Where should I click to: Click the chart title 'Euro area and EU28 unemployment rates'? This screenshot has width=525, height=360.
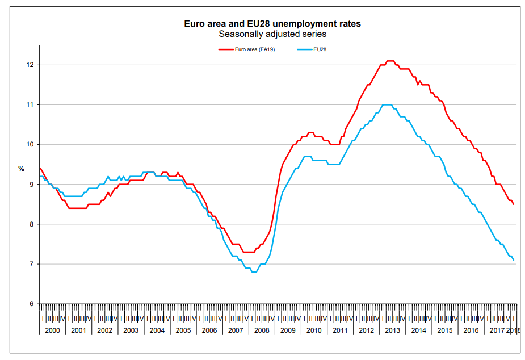272,24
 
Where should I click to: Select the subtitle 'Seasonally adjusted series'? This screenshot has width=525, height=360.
272,34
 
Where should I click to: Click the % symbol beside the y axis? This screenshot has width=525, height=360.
22,169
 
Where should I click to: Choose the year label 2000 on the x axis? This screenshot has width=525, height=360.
52,330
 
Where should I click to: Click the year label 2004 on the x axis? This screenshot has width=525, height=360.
157,330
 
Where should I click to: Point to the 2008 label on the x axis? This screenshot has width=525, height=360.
262,330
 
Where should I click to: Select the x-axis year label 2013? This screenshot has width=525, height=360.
392,330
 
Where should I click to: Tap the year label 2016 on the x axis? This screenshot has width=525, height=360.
471,330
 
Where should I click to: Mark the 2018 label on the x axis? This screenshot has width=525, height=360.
513,330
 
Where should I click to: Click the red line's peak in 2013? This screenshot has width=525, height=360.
390,61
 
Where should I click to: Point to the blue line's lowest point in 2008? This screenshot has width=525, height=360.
254,272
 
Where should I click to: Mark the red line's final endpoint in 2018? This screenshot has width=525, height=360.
514,204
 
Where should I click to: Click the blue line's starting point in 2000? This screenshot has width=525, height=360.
40,177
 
